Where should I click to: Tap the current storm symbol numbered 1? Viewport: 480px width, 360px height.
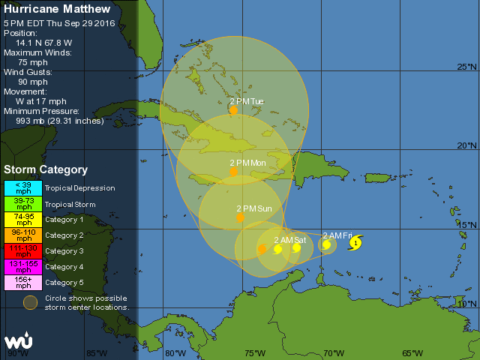(x=355, y=242)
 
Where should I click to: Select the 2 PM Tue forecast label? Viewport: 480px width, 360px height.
(x=247, y=101)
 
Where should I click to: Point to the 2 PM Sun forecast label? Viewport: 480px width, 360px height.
(x=254, y=208)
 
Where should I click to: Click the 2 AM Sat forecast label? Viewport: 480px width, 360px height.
(x=289, y=240)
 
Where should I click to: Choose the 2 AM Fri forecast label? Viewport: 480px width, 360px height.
(x=337, y=235)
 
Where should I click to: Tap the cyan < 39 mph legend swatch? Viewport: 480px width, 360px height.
(x=24, y=187)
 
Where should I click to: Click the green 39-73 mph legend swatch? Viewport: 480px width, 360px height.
(x=24, y=203)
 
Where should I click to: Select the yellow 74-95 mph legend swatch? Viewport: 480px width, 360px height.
(x=24, y=219)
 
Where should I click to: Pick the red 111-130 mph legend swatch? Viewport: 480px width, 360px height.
(x=24, y=250)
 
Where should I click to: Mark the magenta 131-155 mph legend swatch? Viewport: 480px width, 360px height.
(x=24, y=266)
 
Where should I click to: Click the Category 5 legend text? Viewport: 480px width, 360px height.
(x=64, y=283)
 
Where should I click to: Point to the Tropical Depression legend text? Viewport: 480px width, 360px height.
(x=79, y=188)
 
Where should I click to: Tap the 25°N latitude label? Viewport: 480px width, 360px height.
(x=466, y=67)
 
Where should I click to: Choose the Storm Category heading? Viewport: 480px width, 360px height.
(x=46, y=170)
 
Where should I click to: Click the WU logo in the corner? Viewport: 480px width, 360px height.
(x=17, y=342)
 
